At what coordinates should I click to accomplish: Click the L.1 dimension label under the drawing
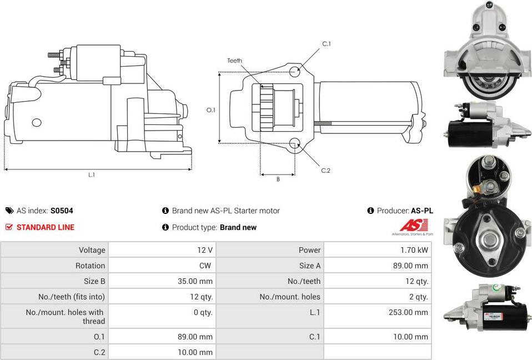coord(92,175)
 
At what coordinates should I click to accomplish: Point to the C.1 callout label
coord(327,44)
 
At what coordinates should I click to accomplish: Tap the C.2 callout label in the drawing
coord(326,171)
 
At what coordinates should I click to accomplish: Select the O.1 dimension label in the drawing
coord(210,110)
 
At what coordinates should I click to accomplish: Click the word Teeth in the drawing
coord(234,61)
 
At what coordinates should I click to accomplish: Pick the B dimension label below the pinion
coord(278,179)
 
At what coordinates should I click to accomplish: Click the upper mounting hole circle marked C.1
coord(294,71)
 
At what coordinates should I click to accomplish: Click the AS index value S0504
coord(62,211)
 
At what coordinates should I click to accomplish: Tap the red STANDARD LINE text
coord(46,227)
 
